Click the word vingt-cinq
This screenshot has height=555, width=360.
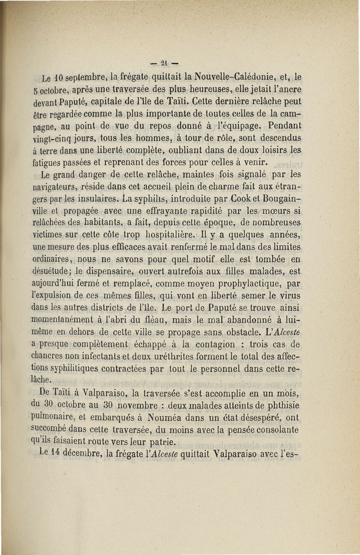[x=50, y=138]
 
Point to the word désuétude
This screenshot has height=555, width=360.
[x=53, y=272]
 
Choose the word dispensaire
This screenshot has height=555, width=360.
[x=109, y=272]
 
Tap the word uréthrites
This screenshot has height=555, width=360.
[x=185, y=357]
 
